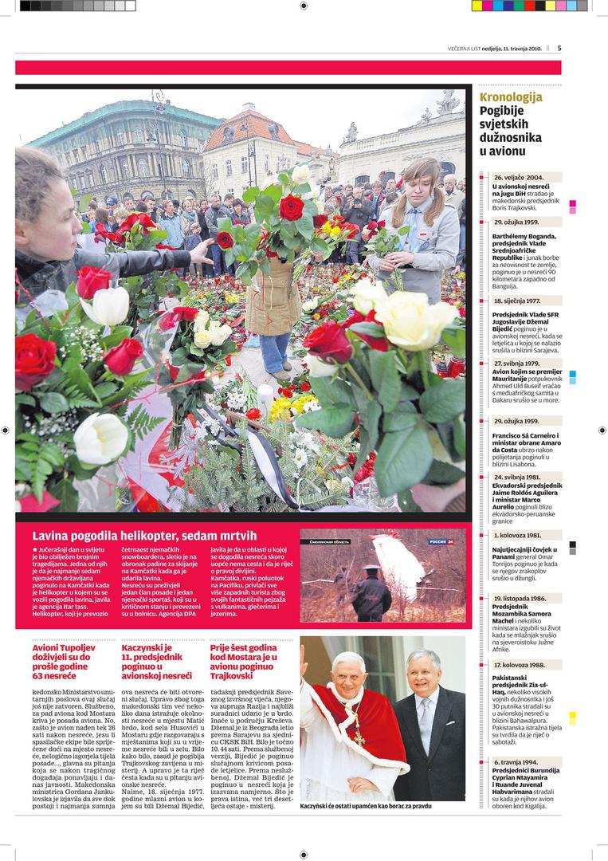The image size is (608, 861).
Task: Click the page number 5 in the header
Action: [559, 48]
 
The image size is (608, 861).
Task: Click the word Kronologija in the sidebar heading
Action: [511, 98]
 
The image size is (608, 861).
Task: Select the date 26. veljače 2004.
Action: [519, 177]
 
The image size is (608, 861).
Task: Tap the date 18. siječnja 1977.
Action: [517, 301]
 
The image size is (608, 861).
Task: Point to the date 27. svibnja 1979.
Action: [517, 364]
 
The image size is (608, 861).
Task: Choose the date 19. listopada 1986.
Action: [520, 597]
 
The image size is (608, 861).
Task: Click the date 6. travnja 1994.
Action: [516, 762]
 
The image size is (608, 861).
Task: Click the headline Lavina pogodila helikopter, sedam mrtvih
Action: [144, 535]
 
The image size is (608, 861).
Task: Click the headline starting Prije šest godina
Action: [243, 661]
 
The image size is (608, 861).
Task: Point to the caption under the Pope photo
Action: [366, 806]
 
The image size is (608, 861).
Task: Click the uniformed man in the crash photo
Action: [372, 594]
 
